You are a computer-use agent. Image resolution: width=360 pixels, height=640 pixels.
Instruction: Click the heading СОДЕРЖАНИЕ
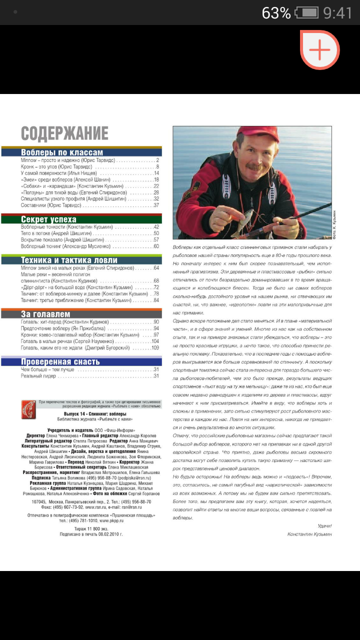click(x=64, y=133)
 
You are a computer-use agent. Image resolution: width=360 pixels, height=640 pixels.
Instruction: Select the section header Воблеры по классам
click(x=62, y=152)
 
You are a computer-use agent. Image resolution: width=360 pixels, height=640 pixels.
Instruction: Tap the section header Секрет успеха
click(x=48, y=219)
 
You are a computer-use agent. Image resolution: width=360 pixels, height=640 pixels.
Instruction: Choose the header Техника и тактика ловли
click(x=69, y=260)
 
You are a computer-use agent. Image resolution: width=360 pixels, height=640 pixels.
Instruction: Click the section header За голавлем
click(x=45, y=314)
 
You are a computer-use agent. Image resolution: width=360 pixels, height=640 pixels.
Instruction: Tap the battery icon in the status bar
click(x=306, y=12)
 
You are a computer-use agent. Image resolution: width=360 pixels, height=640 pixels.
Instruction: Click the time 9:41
click(x=337, y=12)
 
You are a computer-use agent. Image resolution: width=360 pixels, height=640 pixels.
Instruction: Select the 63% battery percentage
click(x=276, y=12)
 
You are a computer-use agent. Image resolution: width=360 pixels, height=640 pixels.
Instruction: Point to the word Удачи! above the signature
click(x=324, y=525)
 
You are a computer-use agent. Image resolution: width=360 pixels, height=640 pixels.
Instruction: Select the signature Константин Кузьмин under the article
click(x=309, y=534)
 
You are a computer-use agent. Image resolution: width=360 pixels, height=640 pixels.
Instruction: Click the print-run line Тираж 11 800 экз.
click(x=90, y=528)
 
